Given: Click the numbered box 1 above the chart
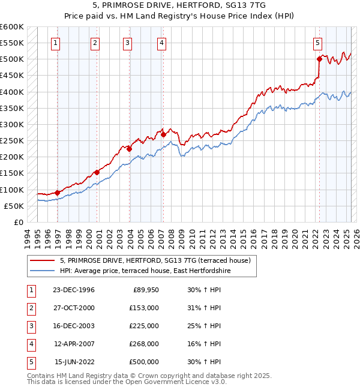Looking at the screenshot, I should click(x=55, y=43).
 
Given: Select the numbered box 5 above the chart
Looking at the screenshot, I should click(x=317, y=43).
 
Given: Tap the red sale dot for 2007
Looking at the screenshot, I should click(x=164, y=135).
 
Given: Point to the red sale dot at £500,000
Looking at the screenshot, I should click(x=319, y=59).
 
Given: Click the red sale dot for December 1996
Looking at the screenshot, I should click(x=58, y=193).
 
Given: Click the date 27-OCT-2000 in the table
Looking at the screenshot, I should click(x=74, y=308).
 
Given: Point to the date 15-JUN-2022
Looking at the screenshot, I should click(x=74, y=362).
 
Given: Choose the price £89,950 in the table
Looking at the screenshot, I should click(x=145, y=290).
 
